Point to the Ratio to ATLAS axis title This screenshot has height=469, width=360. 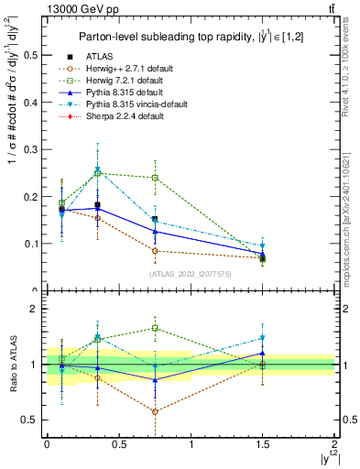(12, 365)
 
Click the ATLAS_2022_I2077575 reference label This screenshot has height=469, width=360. (191, 274)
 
